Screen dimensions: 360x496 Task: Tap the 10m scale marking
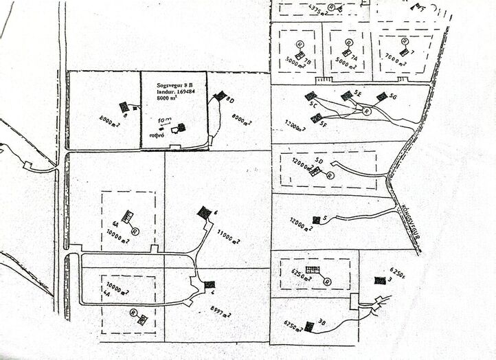164,120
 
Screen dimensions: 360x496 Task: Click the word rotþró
159,136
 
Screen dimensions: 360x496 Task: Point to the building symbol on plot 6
204,213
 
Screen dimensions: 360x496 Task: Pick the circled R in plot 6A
135,232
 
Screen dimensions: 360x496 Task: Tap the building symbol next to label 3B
309,326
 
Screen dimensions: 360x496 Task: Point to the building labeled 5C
311,95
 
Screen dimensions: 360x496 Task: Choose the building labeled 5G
381,96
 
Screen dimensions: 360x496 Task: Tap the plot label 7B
307,62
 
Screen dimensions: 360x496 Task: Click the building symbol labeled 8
124,106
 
